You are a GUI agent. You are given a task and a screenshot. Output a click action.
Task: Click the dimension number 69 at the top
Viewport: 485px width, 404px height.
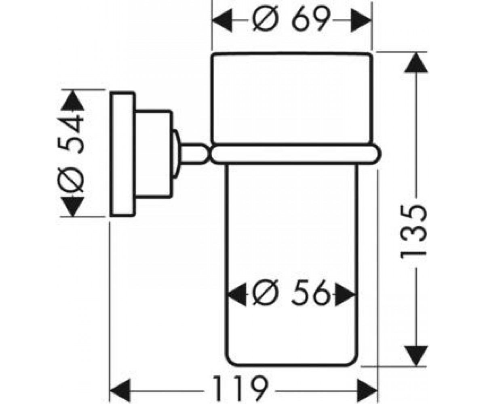pyautogui.click(x=311, y=19)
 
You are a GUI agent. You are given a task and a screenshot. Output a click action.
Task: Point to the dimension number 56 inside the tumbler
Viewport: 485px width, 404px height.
pyautogui.click(x=311, y=294)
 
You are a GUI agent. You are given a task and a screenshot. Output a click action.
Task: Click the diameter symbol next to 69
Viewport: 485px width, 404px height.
pyautogui.click(x=265, y=19)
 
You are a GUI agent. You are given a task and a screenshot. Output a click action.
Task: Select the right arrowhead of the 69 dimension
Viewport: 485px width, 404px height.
pyautogui.click(x=361, y=20)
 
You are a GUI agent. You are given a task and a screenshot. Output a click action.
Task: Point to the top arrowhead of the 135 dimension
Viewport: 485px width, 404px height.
pyautogui.click(x=416, y=63)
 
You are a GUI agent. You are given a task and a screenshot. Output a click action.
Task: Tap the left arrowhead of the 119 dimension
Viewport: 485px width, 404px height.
pyautogui.click(x=120, y=391)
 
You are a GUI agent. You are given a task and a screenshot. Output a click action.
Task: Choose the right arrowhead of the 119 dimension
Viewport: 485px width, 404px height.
pyautogui.click(x=367, y=391)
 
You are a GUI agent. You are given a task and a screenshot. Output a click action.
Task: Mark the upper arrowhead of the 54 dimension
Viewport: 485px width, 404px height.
pyautogui.click(x=73, y=100)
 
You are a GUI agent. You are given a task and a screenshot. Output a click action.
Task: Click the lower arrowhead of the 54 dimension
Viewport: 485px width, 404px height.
pyautogui.click(x=73, y=206)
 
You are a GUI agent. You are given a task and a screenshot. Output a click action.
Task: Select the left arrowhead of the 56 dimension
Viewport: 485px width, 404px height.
pyautogui.click(x=237, y=294)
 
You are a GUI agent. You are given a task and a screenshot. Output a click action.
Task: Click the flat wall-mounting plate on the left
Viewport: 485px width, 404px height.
pyautogui.click(x=122, y=154)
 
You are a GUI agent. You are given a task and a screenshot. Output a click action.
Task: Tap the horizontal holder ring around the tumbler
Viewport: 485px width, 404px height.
pyautogui.click(x=295, y=154)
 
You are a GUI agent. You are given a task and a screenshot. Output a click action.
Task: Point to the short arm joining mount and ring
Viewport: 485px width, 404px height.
pyautogui.click(x=194, y=154)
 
